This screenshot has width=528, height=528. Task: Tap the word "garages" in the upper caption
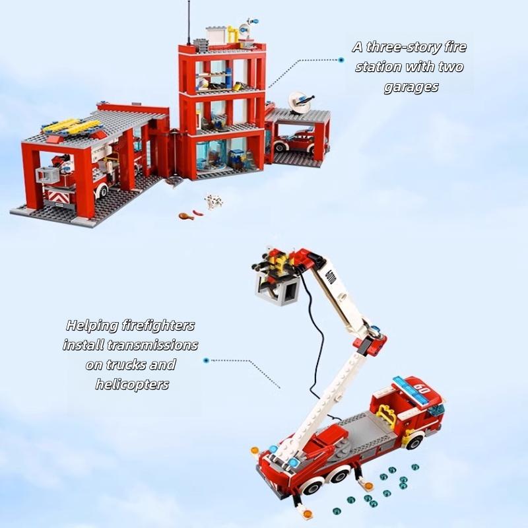(411, 87)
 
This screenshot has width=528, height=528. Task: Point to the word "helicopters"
(132, 384)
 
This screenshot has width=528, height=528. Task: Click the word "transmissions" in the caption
(152, 345)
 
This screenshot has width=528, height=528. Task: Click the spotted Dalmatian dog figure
(214, 201)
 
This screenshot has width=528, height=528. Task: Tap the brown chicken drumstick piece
(186, 216)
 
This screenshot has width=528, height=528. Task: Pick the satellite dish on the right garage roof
(300, 102)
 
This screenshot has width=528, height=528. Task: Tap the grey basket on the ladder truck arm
(277, 288)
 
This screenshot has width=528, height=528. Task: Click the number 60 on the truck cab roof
(421, 389)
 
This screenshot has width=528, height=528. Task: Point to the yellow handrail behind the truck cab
(386, 416)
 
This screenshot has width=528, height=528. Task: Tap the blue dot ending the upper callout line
(341, 60)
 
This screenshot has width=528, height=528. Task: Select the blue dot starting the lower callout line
(207, 360)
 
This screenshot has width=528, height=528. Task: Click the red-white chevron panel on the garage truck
(60, 196)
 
